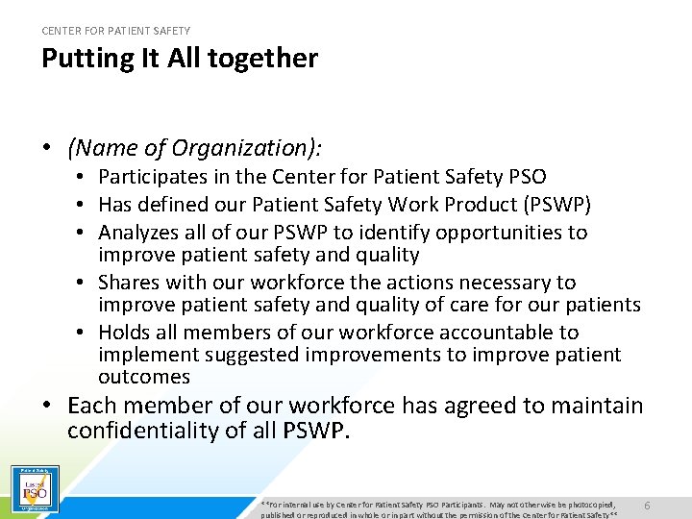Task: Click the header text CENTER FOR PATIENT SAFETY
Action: coord(115,31)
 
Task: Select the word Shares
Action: coord(129,283)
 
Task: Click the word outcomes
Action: coord(144,378)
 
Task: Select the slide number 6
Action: coord(647,506)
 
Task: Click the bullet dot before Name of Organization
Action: coord(46,149)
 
